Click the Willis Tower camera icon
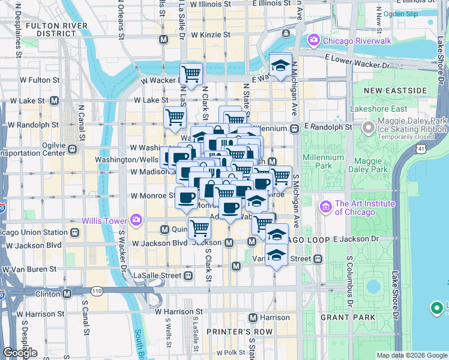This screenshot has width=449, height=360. (136, 219)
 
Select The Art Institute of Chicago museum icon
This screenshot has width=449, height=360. (327, 207)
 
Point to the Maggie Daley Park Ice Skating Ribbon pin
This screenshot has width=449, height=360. (368, 127)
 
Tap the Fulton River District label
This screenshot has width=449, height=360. (41, 30)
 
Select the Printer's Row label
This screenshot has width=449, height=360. (231, 331)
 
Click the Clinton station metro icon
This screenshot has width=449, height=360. (67, 294)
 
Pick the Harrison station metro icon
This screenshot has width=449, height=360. (253, 317)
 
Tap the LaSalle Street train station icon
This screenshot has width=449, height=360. (188, 275)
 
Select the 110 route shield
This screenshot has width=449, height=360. (97, 291)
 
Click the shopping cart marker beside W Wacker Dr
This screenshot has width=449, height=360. (191, 74)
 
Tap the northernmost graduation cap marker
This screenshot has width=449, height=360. (280, 65)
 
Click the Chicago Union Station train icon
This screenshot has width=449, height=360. (75, 232)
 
